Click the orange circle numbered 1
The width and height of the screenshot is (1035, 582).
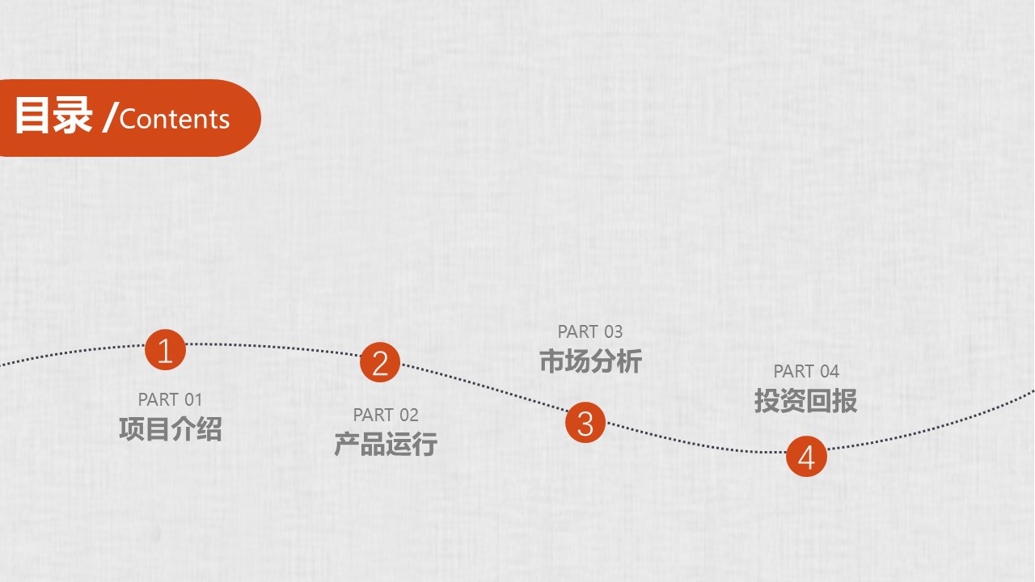coord(165,350)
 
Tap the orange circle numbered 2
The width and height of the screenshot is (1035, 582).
coord(380,362)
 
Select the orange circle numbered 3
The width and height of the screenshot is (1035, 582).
coord(585,423)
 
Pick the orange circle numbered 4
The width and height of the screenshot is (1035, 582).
coord(806,457)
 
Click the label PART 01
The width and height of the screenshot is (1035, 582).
coord(170,399)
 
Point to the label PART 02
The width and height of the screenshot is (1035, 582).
coord(386,415)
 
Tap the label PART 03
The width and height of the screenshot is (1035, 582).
coord(590,331)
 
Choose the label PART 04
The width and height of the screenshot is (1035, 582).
coord(806,371)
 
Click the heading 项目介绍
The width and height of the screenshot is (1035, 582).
coord(171,429)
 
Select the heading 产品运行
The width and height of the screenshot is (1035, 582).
coord(386,445)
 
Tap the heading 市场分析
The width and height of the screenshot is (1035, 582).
coord(591,361)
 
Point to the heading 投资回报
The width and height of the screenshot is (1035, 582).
coord(806,400)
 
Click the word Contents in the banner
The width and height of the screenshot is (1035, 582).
coord(174,119)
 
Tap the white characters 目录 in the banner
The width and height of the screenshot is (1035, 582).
coord(53,116)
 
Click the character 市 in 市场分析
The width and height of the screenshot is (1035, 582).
coord(552,361)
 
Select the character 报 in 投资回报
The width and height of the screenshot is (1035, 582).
coord(845,400)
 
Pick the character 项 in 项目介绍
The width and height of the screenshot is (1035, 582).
coord(132,429)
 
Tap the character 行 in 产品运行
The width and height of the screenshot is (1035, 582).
coord(425,445)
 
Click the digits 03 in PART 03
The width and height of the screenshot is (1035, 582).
coord(612,331)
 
